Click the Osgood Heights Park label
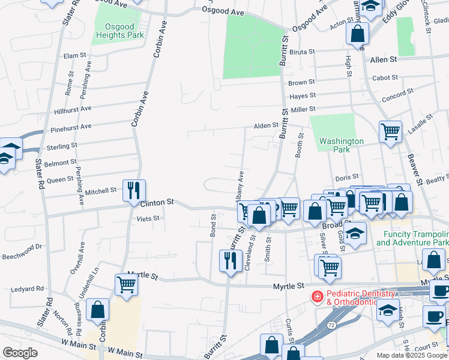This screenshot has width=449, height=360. (119, 31)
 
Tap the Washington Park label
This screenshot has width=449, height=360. (341, 145)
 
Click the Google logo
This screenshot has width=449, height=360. (20, 353)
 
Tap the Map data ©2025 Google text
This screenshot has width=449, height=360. (411, 355)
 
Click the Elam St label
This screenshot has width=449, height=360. (75, 55)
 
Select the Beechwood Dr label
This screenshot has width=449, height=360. (21, 246)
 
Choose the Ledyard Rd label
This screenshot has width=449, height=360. (27, 289)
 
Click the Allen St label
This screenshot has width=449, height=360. (384, 60)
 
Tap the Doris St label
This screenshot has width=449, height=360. (346, 178)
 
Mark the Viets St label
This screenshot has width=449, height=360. (147, 219)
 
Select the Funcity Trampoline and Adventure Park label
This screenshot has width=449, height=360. (412, 238)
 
